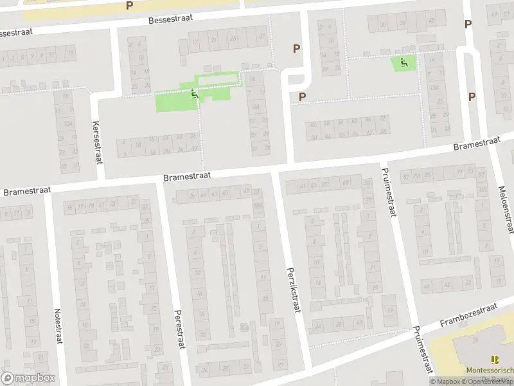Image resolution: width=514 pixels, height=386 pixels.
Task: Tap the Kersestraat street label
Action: (97, 142)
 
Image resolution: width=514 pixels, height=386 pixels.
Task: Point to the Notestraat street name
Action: (58, 326)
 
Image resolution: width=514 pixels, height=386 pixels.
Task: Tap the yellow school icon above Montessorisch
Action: (494, 360)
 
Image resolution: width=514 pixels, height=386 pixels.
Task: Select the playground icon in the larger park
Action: (195, 95)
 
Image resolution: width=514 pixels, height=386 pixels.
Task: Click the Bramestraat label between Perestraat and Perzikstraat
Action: (186, 176)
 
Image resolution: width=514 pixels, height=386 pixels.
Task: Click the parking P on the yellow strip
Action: (130, 6)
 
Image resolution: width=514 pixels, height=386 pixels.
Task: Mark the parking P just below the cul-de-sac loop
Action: (301, 97)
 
